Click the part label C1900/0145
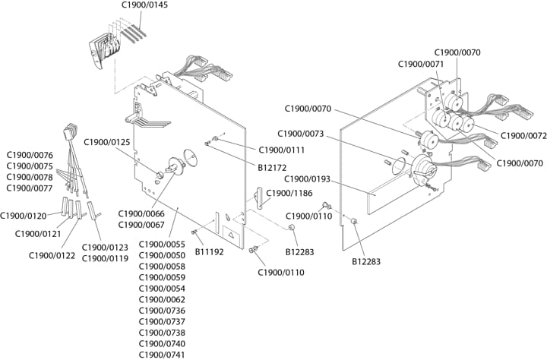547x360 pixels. [x=144, y=5]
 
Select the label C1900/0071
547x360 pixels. [x=421, y=65]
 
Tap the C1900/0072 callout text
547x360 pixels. [x=523, y=136]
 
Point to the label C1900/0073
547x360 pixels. [x=301, y=134]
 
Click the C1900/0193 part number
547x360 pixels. [x=307, y=179]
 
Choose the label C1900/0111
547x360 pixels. [x=282, y=150]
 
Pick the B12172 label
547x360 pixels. [x=272, y=167]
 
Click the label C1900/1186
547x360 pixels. [x=289, y=193]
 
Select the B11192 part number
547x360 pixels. [x=210, y=252]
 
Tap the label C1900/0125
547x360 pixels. [x=107, y=142]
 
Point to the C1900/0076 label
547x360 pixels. [x=30, y=155]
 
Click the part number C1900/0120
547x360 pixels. [x=24, y=216]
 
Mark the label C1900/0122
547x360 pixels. [x=52, y=256]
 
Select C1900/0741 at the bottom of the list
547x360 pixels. [x=162, y=355]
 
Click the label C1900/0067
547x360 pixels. [x=141, y=225]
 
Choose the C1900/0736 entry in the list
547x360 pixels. [x=162, y=311]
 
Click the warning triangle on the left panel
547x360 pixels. [x=231, y=235]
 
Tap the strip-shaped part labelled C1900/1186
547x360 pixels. [x=260, y=197]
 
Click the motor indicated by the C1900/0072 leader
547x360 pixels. [x=467, y=124]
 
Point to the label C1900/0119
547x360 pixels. [x=105, y=258]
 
